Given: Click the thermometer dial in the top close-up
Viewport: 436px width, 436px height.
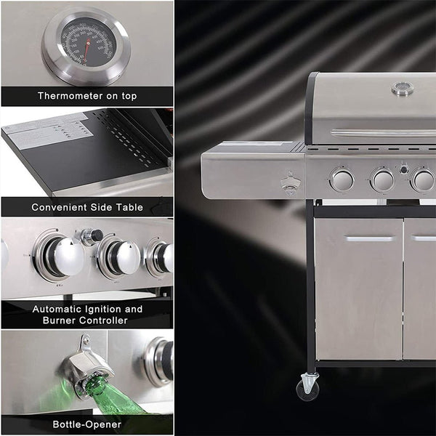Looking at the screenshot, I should click(x=86, y=44).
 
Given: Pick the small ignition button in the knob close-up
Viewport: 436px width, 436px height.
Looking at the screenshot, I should click(x=92, y=235).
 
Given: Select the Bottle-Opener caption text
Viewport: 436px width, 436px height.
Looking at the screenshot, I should click(x=86, y=424).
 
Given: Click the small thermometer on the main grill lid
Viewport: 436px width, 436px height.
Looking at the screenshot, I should click(x=402, y=89).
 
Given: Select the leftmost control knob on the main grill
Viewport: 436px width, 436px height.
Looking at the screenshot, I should click(x=342, y=179).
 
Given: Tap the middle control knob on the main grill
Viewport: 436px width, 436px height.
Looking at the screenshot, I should click(x=382, y=179).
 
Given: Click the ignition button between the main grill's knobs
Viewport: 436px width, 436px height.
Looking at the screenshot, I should click(x=403, y=169).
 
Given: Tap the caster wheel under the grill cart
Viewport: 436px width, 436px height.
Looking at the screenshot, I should click(x=308, y=385).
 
